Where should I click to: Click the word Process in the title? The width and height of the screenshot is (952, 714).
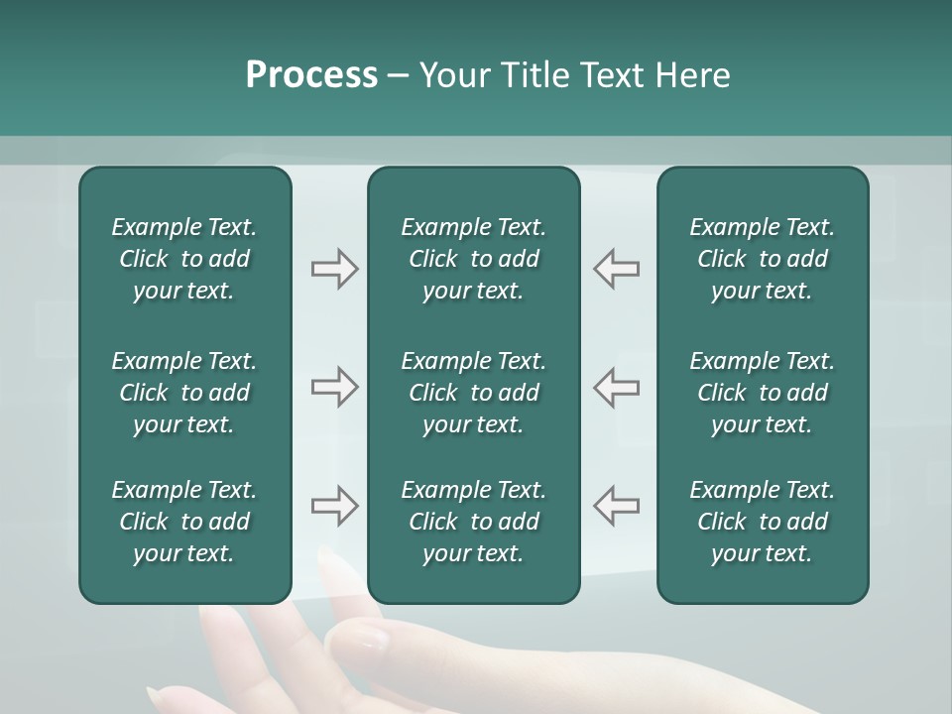[311, 75]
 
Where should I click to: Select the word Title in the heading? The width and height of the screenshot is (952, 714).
[539, 75]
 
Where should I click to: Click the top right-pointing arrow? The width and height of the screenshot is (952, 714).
[334, 269]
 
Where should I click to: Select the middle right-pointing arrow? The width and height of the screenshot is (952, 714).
[334, 387]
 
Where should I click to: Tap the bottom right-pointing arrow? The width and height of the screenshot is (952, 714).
[334, 506]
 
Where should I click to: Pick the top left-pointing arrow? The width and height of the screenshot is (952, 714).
[617, 269]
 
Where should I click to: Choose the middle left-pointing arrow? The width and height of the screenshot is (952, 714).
[617, 387]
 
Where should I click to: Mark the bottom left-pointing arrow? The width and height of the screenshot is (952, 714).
[617, 506]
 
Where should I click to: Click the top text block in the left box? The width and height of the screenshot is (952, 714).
[184, 259]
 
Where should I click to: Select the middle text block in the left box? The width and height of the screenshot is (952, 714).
[184, 393]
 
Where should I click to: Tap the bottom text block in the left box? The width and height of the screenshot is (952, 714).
[184, 522]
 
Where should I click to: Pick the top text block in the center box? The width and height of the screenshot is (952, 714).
[473, 259]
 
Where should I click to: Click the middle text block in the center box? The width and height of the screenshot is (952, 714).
[473, 393]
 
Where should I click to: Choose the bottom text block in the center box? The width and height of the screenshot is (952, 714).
[473, 522]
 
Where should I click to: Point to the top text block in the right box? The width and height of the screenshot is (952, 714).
[762, 259]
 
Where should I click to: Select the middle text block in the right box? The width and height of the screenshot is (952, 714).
[762, 393]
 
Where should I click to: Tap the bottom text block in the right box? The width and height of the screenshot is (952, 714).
[762, 522]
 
